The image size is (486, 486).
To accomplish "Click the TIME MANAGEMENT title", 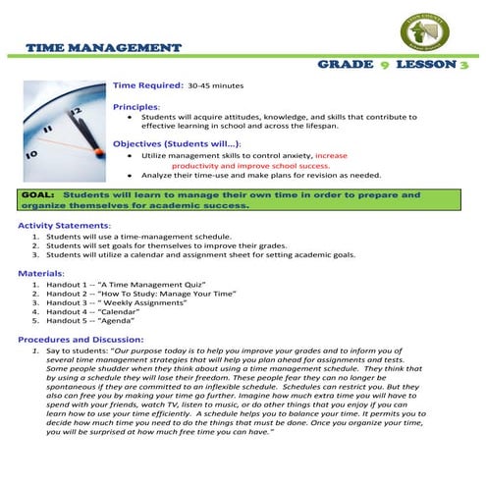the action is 103,47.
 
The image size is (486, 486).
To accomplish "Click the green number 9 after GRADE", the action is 386,65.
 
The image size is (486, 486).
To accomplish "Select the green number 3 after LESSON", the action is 463,65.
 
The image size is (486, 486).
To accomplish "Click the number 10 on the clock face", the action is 31,154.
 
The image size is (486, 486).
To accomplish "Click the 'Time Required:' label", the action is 147,85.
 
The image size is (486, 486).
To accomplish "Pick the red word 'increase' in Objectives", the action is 332,155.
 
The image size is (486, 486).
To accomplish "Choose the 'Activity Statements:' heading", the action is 67,226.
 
